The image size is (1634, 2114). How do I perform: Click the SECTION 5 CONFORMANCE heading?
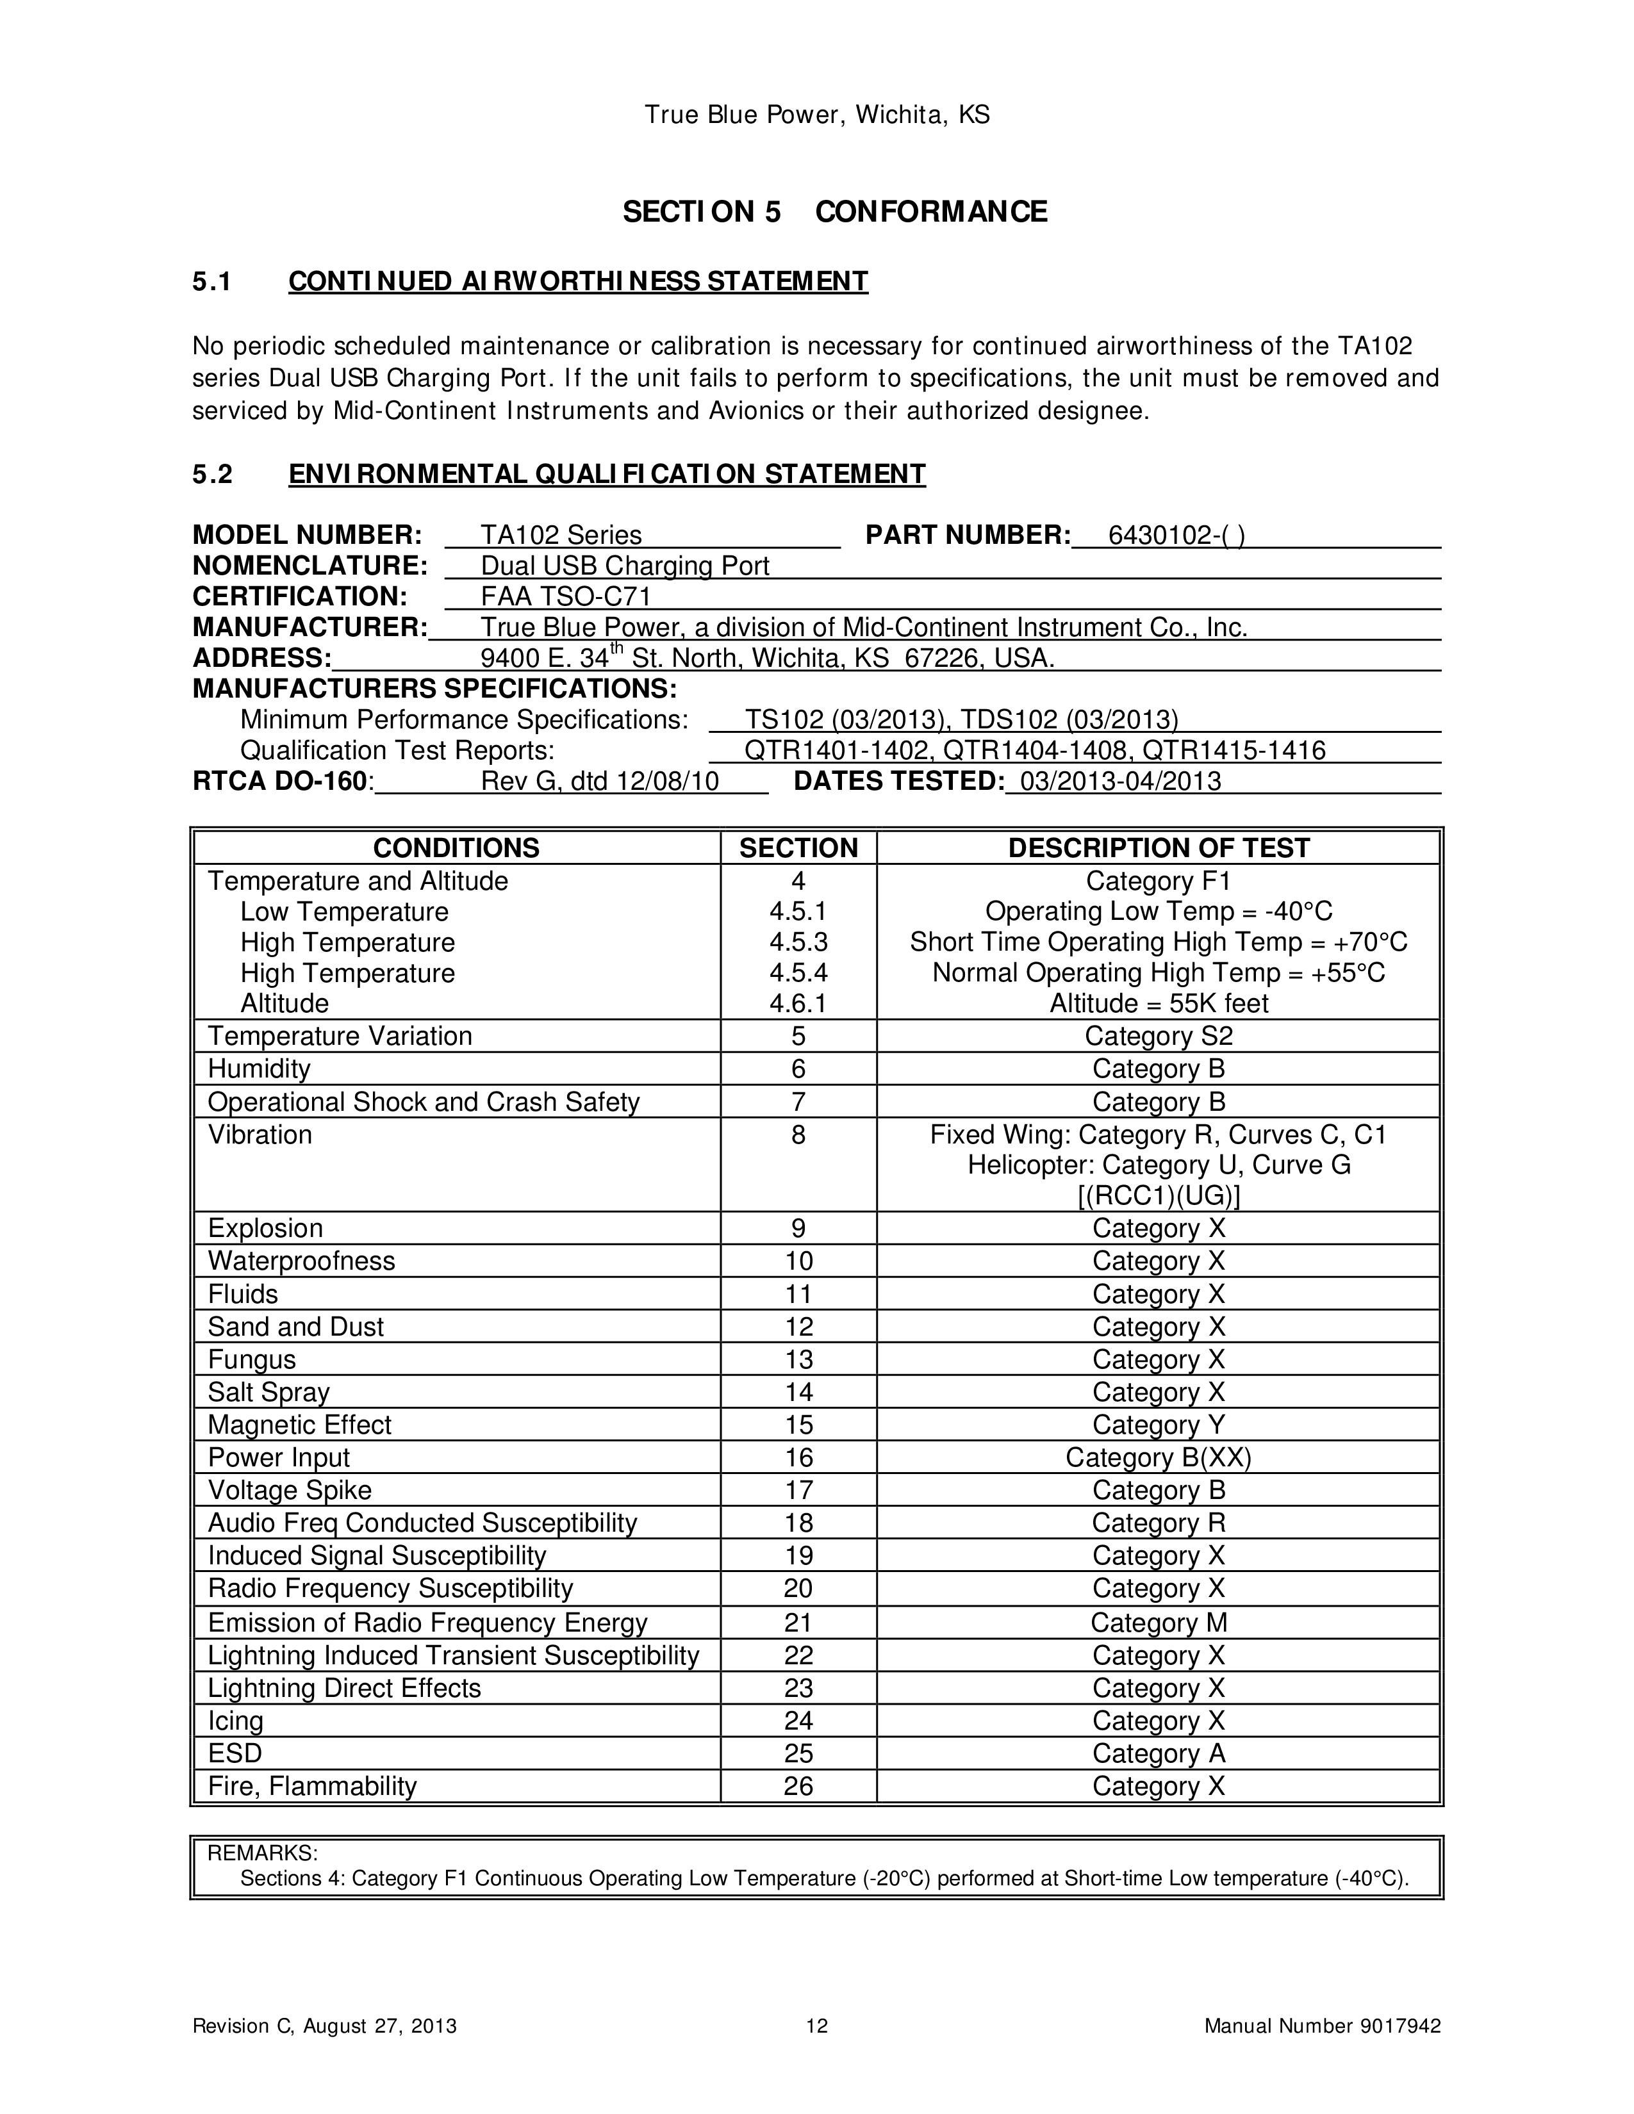834,212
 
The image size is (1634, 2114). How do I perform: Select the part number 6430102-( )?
1176,536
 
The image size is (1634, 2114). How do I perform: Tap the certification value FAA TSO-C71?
566,596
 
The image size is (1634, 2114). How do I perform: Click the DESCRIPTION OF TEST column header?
1158,848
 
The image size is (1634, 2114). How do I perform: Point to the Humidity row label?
260,1069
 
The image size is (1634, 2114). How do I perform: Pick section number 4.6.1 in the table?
798,1004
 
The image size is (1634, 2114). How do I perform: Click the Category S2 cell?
1159,1036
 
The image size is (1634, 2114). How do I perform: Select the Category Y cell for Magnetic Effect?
1159,1425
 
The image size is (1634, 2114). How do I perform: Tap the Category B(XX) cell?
1159,1458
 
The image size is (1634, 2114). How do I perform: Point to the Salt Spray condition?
269,1392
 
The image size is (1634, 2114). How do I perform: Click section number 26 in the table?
798,1786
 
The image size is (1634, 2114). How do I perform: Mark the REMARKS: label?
262,1853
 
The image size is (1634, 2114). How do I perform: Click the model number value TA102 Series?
561,536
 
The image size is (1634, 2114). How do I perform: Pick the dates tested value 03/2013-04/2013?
1121,781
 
